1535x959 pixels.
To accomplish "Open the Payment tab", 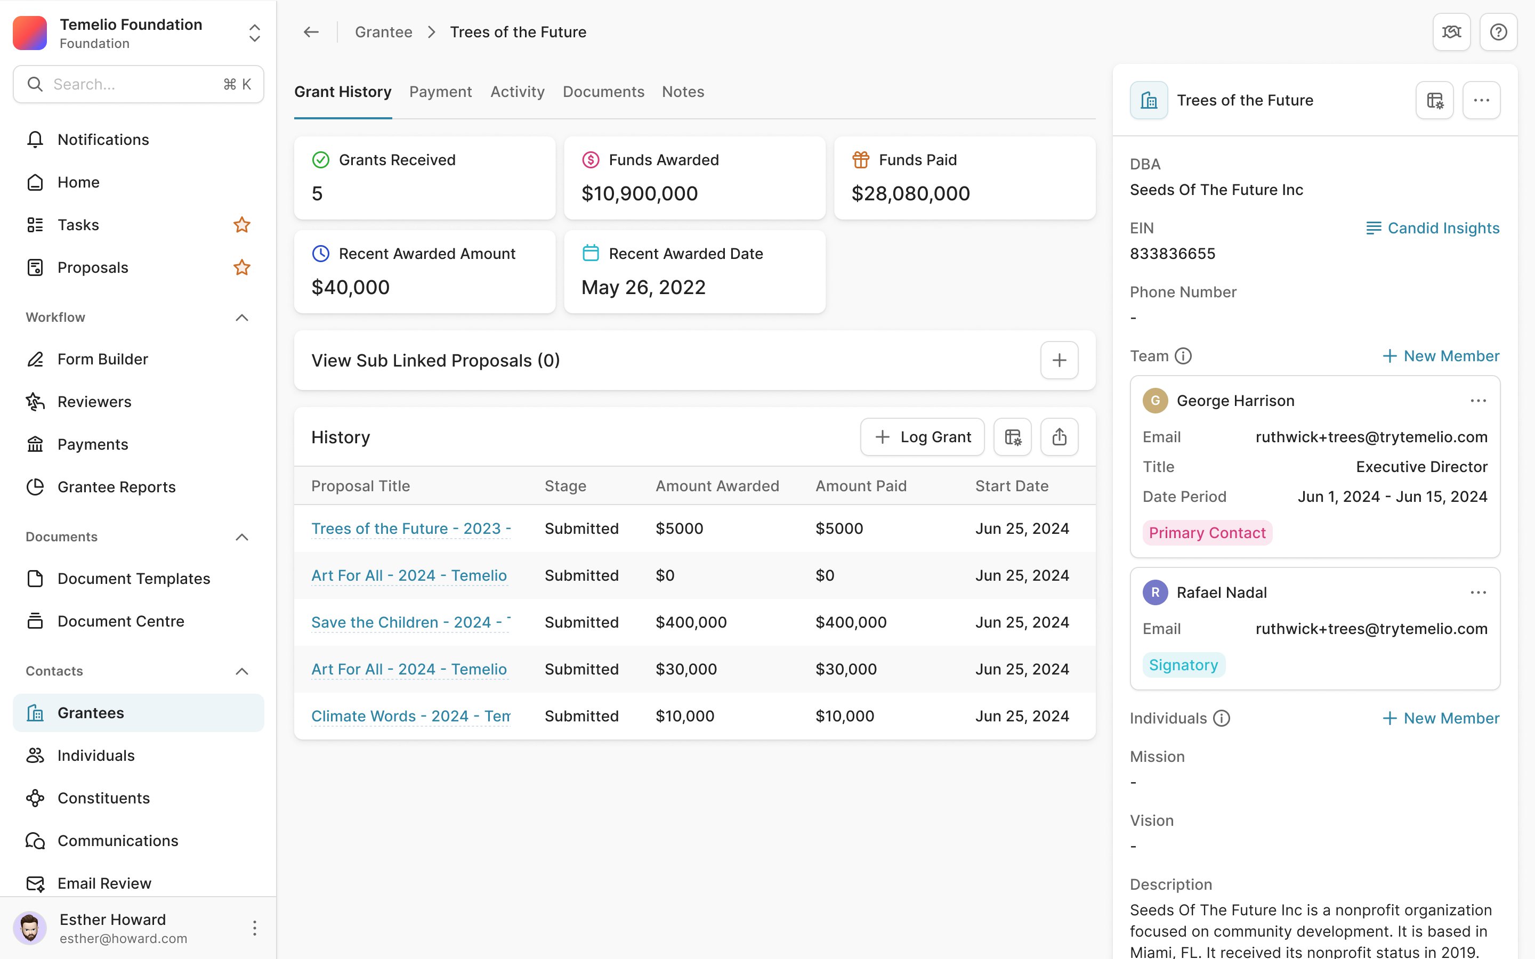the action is click(440, 92).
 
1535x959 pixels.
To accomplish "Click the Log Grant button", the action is click(922, 437).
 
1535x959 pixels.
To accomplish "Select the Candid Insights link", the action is click(1432, 229).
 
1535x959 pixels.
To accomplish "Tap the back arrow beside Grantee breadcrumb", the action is click(311, 32).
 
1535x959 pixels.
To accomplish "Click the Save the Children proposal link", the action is click(411, 622).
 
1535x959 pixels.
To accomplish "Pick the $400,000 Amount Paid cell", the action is click(851, 622).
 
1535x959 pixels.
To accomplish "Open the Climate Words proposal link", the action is click(411, 716).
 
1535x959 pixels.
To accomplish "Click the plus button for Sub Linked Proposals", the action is click(1059, 360).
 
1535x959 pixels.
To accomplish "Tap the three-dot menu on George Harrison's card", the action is click(1478, 401).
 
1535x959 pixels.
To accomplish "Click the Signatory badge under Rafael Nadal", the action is click(1184, 665).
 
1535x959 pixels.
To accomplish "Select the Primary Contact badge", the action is click(1207, 533).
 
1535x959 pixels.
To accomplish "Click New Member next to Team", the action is click(1441, 356).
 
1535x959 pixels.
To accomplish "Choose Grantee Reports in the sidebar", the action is click(117, 487).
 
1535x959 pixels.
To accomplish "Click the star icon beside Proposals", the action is click(241, 267).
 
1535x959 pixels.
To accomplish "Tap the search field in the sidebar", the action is click(138, 84).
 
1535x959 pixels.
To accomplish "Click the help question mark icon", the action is click(1498, 32).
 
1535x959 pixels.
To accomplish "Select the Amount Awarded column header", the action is click(717, 486).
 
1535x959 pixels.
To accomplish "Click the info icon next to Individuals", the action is click(1222, 719).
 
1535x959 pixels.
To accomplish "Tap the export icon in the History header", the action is click(1059, 437).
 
